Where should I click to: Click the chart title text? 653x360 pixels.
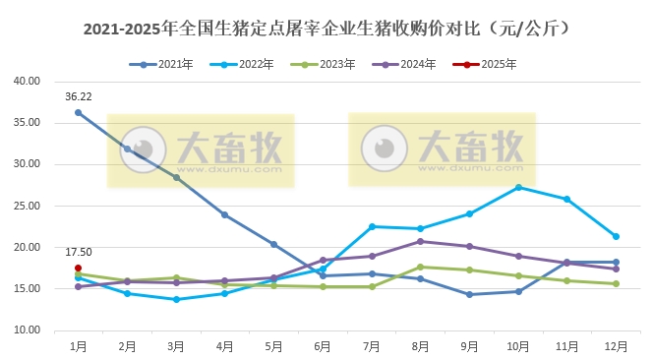(x=326, y=30)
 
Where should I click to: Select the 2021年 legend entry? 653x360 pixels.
(x=159, y=64)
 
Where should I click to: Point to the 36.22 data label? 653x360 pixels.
(x=79, y=97)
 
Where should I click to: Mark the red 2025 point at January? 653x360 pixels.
(x=78, y=268)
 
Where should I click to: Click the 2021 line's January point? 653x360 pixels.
(x=78, y=112)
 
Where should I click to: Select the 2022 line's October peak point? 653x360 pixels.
(x=518, y=187)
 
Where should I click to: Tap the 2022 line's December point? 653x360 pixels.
(x=616, y=236)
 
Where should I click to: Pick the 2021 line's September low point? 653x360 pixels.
(x=469, y=294)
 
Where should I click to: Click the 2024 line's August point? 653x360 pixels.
(x=420, y=241)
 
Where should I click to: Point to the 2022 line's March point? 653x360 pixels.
(x=176, y=299)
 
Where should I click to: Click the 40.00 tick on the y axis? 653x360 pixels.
(x=27, y=82)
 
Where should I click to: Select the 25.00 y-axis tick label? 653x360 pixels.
(x=27, y=207)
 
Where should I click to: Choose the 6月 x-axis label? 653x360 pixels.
(x=323, y=346)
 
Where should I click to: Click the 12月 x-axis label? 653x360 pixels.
(x=616, y=346)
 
